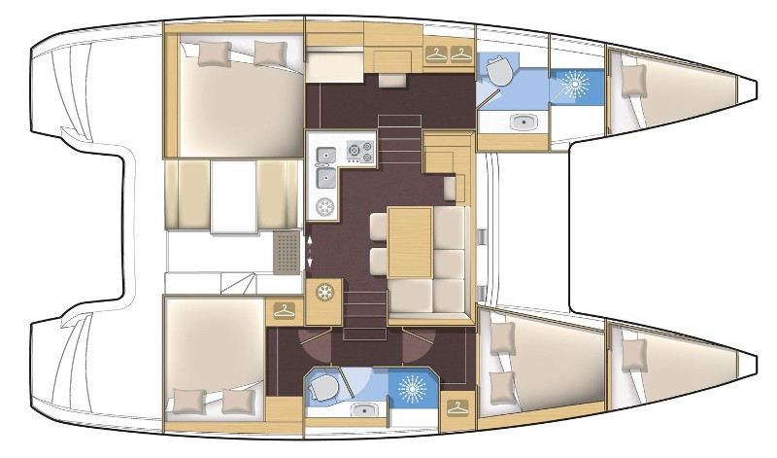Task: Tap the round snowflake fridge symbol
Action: pyautogui.click(x=325, y=207)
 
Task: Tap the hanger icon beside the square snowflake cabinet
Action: pyautogui.click(x=283, y=310)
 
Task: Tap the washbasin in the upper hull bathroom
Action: pyautogui.click(x=523, y=122)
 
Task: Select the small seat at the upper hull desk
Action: pyautogui.click(x=392, y=79)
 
